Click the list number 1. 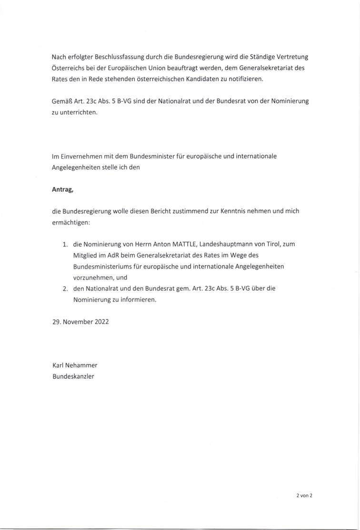(x=65, y=245)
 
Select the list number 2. (x=65, y=289)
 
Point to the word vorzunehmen (x=94, y=277)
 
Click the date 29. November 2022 (x=80, y=321)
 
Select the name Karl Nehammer (x=75, y=365)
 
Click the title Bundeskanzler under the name (x=73, y=376)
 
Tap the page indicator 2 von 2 (x=304, y=495)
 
